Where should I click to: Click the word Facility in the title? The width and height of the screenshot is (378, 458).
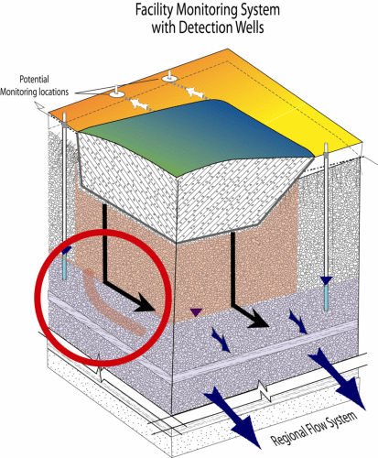155,10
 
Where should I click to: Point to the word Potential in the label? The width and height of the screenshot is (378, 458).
34,80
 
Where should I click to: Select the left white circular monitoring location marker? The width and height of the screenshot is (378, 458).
116,93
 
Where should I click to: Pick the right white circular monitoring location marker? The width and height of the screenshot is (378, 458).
169,79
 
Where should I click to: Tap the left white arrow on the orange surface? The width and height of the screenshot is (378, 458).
139,104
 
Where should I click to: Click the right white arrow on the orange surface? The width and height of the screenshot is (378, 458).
194,92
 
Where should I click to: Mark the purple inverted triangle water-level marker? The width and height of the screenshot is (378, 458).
196,312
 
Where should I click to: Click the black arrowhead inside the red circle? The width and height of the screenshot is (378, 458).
146,303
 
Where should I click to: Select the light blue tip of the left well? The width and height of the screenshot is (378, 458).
64,267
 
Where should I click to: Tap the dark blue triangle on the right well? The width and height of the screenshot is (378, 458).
327,280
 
